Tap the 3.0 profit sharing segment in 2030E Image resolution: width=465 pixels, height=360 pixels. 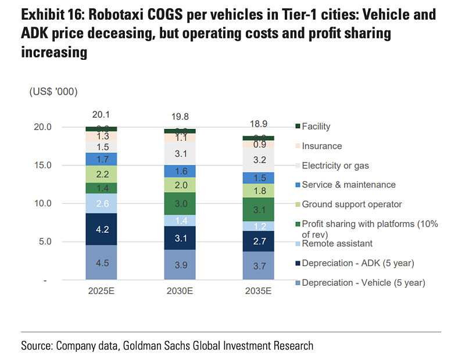(181, 204)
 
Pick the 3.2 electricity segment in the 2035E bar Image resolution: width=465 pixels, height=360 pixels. (260, 160)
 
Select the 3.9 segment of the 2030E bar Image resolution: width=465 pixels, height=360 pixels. (181, 265)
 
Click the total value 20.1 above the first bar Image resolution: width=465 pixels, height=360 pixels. (101, 114)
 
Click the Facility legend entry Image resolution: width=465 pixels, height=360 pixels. (316, 127)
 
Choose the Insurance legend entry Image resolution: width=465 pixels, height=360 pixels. (321, 146)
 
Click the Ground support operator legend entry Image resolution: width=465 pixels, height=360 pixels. (352, 204)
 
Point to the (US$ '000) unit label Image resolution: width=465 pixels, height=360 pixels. (53, 92)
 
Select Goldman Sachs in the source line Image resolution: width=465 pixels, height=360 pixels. (176, 346)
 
